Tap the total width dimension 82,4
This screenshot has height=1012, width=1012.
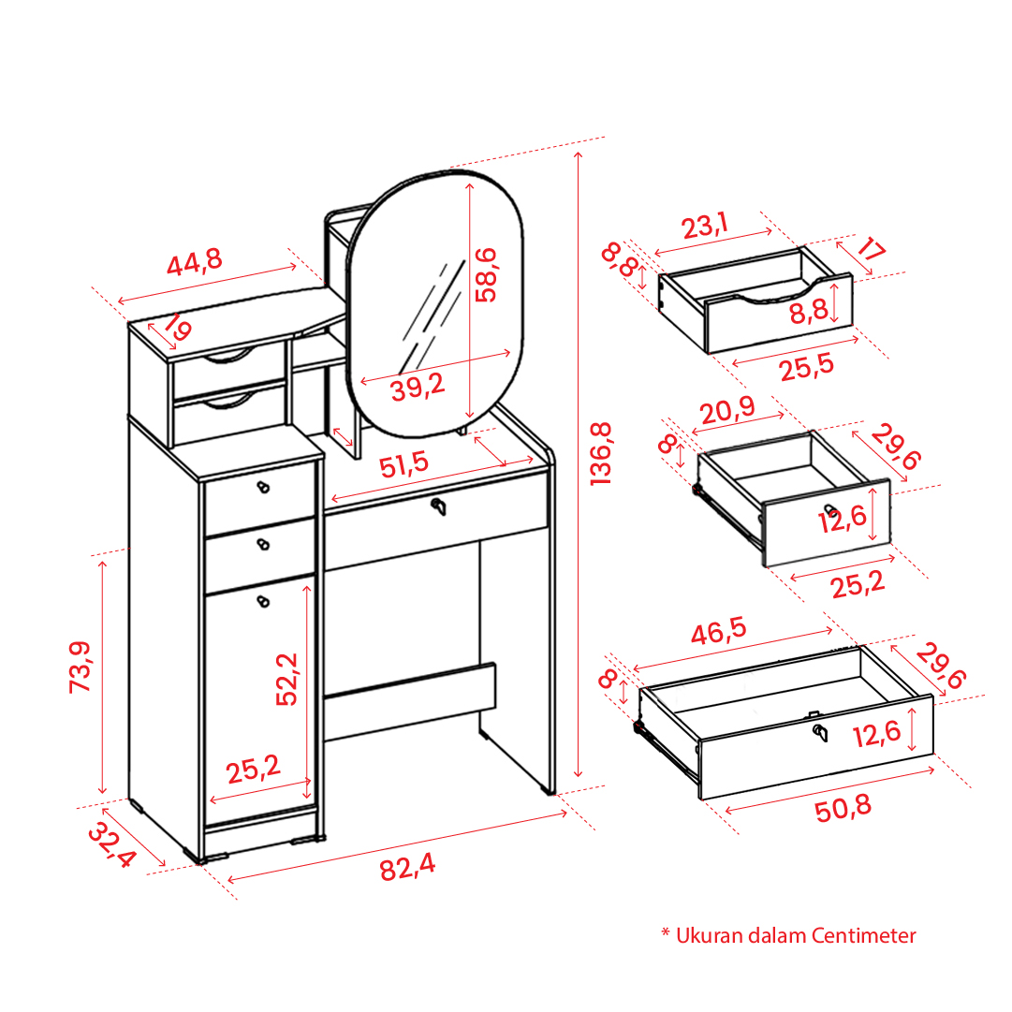point(407,867)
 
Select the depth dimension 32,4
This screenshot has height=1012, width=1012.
point(112,844)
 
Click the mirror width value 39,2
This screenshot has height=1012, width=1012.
point(418,387)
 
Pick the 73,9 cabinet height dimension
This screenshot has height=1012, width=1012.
point(80,667)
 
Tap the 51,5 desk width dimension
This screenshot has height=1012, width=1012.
point(404,464)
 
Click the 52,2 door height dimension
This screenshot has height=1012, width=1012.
point(286,679)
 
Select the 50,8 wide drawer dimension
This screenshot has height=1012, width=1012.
point(843,808)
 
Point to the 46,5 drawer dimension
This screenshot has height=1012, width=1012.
point(718,631)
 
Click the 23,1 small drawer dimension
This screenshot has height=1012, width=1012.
point(705,226)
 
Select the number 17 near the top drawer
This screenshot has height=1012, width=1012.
point(872,248)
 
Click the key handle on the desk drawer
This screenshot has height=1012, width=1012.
point(439,506)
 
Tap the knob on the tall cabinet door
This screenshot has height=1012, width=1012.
point(263,602)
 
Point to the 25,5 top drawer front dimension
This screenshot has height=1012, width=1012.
point(807,368)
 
